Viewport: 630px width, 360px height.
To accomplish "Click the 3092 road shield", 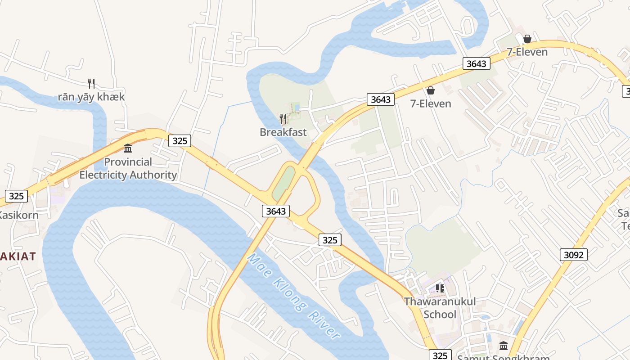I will [574, 255].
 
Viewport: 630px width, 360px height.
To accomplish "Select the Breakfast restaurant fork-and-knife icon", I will [283, 119].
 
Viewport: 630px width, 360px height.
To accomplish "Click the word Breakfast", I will [283, 132].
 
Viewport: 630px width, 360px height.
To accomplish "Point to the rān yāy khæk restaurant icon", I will [91, 83].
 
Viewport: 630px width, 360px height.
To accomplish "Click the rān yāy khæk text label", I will [91, 97].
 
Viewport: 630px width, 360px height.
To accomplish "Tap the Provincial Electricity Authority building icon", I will [128, 148].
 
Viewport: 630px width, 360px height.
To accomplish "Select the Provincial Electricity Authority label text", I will [128, 168].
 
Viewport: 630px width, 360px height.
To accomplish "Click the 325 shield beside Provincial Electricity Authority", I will [180, 141].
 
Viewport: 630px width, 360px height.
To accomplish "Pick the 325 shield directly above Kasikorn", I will [16, 196].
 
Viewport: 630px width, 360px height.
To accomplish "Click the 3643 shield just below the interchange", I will [276, 211].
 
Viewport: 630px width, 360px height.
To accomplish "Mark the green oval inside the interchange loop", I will [283, 184].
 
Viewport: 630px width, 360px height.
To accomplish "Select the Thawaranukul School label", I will [440, 308].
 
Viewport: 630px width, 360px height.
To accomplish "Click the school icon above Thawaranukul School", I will [440, 288].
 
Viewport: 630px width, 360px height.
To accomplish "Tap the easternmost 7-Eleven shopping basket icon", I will [527, 39].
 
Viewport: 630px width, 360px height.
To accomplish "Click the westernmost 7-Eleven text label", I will [431, 104].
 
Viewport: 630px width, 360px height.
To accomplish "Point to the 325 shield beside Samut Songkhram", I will [440, 355].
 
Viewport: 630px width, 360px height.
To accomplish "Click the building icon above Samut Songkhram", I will [504, 346].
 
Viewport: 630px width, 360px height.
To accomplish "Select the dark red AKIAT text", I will [18, 256].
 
